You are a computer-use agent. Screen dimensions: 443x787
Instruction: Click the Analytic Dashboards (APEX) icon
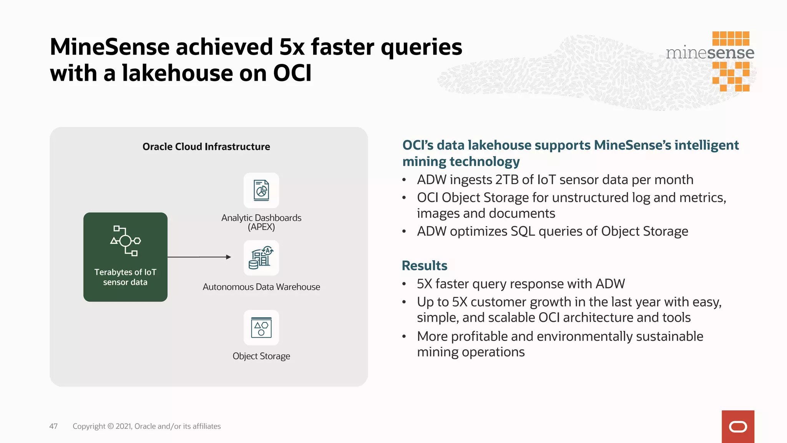click(261, 190)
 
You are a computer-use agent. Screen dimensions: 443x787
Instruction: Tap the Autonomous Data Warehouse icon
click(261, 258)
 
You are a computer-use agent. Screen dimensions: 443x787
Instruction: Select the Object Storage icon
click(261, 328)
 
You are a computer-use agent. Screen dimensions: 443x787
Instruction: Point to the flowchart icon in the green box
click(125, 241)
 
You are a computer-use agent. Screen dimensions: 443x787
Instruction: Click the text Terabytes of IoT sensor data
click(125, 277)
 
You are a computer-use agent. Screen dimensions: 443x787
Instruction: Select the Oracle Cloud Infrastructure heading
click(206, 147)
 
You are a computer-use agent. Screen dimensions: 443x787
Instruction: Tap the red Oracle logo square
click(737, 426)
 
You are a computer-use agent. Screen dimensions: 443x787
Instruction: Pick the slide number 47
click(53, 426)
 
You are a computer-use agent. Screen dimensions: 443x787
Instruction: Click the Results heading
click(424, 265)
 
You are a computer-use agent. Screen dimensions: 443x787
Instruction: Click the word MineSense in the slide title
click(110, 47)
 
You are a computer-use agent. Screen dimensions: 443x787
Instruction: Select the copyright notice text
click(146, 426)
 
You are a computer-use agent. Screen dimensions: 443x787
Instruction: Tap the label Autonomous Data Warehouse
click(261, 287)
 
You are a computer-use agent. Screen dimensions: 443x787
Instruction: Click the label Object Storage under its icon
click(261, 356)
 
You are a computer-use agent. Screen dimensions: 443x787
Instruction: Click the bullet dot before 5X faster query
click(404, 284)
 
